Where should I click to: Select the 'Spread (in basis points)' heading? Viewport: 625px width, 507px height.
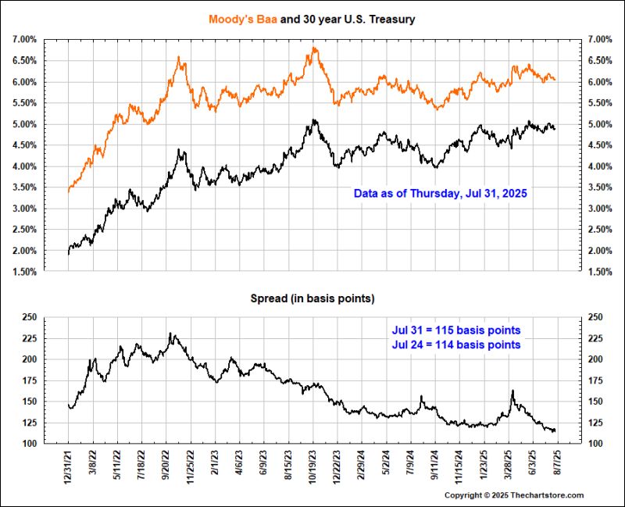[312, 298]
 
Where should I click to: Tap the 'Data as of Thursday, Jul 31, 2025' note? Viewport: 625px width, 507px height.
[441, 192]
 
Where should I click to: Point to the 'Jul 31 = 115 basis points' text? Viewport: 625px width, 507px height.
[455, 330]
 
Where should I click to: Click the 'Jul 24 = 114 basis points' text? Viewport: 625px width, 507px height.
[455, 345]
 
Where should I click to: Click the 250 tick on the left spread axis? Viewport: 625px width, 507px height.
[30, 316]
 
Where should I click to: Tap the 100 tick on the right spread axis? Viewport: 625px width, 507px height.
[595, 444]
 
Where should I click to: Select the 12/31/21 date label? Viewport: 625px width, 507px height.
[69, 466]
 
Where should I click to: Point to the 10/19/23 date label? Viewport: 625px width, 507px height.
[312, 466]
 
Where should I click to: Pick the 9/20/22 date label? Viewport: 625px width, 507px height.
[166, 466]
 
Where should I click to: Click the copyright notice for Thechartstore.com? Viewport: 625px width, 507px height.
[514, 495]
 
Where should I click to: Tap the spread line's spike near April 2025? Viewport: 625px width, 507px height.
[512, 391]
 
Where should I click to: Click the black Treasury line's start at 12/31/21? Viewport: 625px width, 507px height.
[69, 253]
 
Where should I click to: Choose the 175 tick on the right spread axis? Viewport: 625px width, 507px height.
[595, 380]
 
